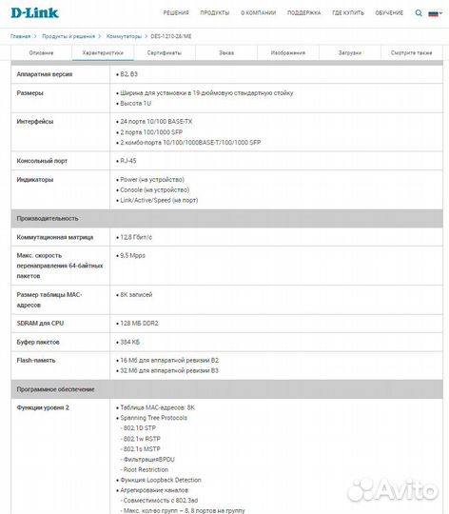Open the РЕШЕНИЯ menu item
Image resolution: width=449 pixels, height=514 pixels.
click(x=175, y=14)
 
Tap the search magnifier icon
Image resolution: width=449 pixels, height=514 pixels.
click(x=435, y=14)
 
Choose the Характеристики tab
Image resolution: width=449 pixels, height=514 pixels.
click(x=103, y=52)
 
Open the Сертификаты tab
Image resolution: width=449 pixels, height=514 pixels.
click(x=164, y=52)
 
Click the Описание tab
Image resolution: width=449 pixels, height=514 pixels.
click(x=42, y=52)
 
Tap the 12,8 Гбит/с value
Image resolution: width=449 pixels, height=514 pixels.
click(x=140, y=236)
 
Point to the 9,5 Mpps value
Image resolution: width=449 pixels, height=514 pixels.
click(x=132, y=256)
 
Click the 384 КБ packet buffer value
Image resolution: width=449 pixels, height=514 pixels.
click(x=129, y=341)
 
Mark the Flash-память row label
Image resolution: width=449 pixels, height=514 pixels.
click(x=36, y=360)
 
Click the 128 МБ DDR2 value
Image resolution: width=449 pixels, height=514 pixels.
click(x=139, y=323)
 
